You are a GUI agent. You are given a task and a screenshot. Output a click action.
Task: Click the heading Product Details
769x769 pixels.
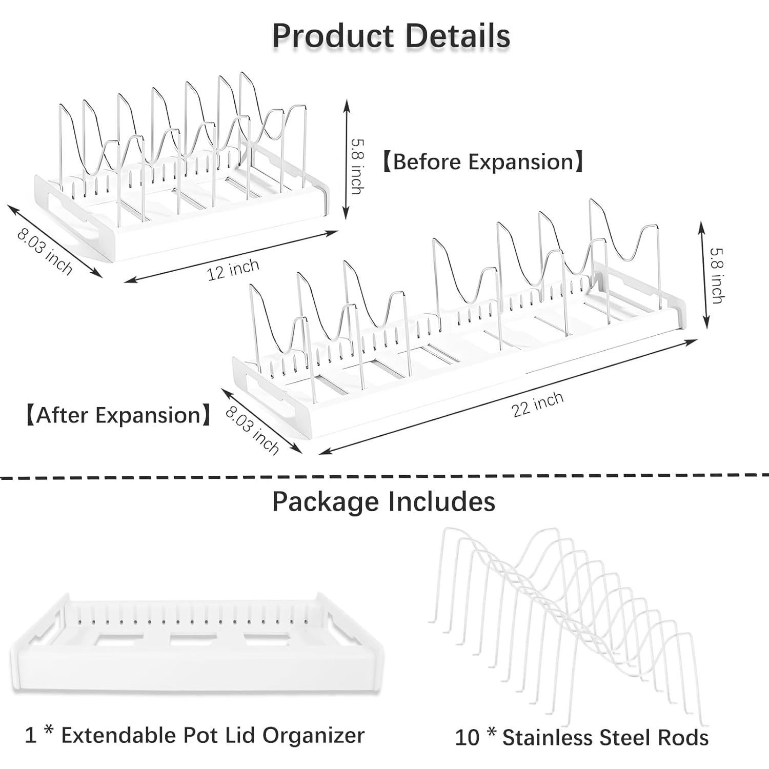(x=391, y=36)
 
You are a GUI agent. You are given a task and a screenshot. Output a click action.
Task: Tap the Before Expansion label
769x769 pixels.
(x=483, y=162)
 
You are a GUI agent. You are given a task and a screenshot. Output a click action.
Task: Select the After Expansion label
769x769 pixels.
(x=118, y=415)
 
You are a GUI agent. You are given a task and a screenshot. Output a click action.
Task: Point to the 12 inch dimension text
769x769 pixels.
(x=233, y=270)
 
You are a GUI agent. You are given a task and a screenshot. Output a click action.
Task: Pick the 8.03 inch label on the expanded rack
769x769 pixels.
(x=252, y=430)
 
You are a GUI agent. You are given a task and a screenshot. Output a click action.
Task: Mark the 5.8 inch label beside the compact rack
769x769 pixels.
(x=357, y=166)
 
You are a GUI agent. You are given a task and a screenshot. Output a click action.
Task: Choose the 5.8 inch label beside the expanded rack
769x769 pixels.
(x=717, y=275)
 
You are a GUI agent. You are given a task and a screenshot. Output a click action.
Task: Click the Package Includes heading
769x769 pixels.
(x=383, y=501)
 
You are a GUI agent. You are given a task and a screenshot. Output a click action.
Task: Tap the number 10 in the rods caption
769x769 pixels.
(x=467, y=738)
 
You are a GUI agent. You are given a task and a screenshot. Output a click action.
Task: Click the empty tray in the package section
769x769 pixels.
(x=197, y=651)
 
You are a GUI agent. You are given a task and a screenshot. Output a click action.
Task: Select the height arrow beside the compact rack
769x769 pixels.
(x=347, y=159)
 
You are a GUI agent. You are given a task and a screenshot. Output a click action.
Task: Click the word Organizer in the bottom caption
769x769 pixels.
(x=313, y=735)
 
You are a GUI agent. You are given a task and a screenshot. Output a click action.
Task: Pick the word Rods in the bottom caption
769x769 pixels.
(x=685, y=738)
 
